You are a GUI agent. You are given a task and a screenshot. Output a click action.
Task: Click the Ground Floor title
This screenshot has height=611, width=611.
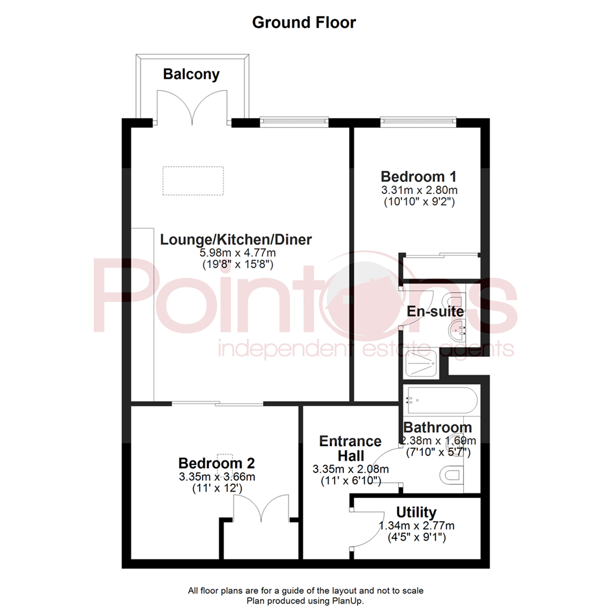304,23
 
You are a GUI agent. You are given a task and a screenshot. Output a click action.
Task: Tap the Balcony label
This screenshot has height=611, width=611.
191,74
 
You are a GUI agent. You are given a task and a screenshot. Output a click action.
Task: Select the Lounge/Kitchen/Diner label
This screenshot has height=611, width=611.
236,239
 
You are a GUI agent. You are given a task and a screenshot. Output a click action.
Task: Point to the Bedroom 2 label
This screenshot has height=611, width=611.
217,463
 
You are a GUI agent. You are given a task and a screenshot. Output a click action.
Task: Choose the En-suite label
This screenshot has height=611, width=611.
436,311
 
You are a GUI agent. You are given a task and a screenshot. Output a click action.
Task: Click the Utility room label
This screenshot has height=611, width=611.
416,513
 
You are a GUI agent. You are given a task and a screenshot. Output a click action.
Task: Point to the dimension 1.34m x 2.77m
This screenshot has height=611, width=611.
416,526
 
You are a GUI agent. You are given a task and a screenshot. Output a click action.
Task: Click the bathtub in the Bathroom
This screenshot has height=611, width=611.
441,401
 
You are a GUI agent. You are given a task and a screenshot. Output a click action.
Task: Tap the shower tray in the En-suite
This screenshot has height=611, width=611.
426,364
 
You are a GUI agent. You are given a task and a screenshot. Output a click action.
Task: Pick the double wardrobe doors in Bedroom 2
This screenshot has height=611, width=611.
261,508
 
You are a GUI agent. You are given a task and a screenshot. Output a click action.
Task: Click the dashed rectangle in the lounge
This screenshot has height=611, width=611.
193,181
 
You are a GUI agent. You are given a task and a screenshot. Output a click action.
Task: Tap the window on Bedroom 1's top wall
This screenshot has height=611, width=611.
418,119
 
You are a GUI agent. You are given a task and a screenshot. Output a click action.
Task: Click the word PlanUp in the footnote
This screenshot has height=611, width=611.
348,600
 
